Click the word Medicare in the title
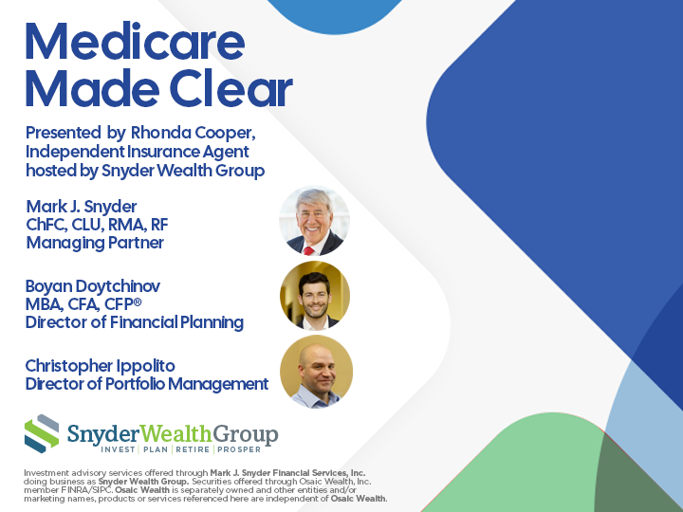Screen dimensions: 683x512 (x=135, y=41)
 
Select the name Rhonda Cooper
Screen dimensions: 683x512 (x=193, y=133)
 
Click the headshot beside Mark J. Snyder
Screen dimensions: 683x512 (x=314, y=221)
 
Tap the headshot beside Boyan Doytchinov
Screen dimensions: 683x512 (x=315, y=296)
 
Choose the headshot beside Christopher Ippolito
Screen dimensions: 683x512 (x=316, y=372)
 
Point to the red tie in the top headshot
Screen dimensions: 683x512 (x=309, y=250)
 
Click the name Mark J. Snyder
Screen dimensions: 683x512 (x=82, y=207)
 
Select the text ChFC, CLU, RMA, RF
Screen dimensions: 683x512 (x=97, y=225)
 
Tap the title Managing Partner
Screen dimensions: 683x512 (x=95, y=243)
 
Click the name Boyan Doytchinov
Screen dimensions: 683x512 (x=93, y=286)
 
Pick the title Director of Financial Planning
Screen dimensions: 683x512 (x=134, y=322)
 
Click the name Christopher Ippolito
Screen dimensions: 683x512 (x=101, y=366)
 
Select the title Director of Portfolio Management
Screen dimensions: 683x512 (x=147, y=384)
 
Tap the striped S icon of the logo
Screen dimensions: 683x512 (x=42, y=433)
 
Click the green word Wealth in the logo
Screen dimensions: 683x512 (x=175, y=434)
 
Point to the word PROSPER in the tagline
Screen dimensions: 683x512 (x=239, y=449)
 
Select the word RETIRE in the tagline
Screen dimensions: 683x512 (x=193, y=449)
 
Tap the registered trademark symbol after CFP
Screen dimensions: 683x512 (x=138, y=301)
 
